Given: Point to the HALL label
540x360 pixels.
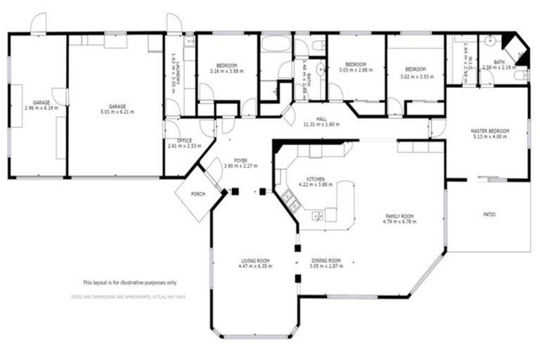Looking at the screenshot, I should pos(321,120).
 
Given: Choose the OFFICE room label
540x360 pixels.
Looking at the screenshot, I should pos(185,141).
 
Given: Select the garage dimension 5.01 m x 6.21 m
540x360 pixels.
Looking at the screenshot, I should pos(117,111).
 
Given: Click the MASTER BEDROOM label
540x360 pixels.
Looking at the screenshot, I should pos(489,131).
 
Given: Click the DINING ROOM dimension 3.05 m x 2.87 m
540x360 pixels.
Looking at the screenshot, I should pos(326,266).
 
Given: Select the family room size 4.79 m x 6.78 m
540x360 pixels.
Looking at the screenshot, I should pos(399,221).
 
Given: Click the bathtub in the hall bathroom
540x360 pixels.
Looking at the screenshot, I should pos(274,44).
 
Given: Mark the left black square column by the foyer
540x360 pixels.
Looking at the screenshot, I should pos(235,191).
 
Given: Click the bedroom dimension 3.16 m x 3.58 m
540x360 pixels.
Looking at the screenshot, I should pos(226,71).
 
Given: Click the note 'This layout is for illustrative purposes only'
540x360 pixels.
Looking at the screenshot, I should pos(129,283).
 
